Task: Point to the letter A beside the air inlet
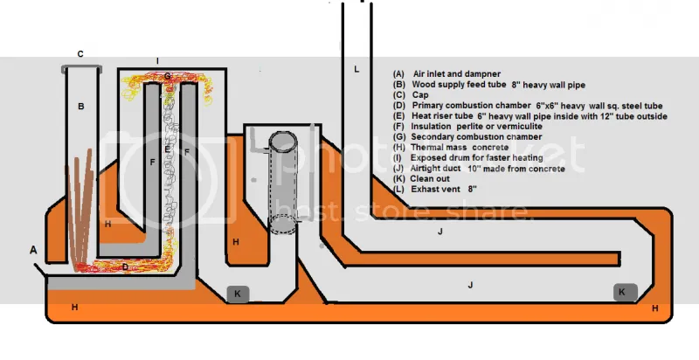coord(34,250)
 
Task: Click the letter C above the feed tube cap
coord(80,54)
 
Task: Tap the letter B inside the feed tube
coord(80,107)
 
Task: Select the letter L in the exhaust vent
coord(356,68)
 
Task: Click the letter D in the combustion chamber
coord(125,267)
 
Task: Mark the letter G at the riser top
coord(167,77)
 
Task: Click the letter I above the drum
coord(157,60)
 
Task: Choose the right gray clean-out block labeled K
coord(623,292)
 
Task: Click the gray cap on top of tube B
coord(81,67)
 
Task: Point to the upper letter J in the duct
coord(442,231)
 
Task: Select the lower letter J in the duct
coord(470,285)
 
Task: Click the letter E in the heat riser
coord(167,149)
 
